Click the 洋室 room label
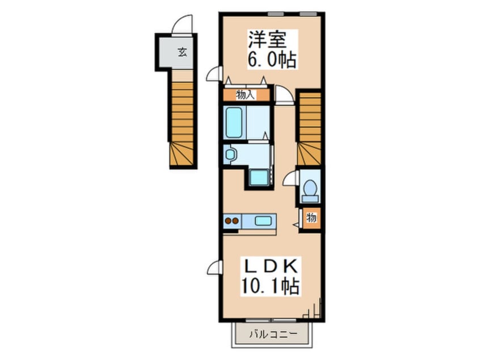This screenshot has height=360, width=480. click(x=267, y=39)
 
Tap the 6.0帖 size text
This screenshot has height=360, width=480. click(x=272, y=60)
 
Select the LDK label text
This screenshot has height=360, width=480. click(x=270, y=266)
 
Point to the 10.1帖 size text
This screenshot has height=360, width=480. click(x=270, y=286)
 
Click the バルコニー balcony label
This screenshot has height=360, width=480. click(x=272, y=334)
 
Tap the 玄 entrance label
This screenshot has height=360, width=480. click(x=183, y=52)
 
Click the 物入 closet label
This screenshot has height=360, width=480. click(x=246, y=95)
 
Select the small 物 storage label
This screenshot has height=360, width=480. click(x=311, y=217)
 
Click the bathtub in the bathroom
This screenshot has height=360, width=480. click(x=234, y=122)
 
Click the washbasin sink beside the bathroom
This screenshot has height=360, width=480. click(x=230, y=154)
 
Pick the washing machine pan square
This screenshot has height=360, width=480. click(x=259, y=177)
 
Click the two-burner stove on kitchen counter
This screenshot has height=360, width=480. click(x=231, y=220)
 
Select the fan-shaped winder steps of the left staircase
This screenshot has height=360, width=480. click(x=182, y=154)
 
